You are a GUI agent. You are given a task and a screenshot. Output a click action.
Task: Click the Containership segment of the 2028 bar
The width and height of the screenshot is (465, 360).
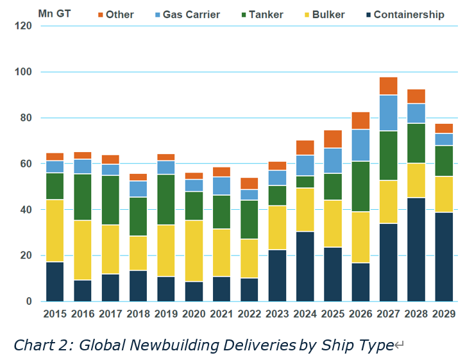[x=416, y=250]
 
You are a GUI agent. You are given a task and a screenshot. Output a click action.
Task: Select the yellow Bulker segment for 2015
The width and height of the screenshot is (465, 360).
[x=55, y=231]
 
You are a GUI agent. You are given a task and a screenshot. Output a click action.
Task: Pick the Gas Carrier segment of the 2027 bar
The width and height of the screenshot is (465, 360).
[x=388, y=113]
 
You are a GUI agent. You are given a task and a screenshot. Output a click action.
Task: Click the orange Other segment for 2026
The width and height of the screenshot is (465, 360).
[x=360, y=121]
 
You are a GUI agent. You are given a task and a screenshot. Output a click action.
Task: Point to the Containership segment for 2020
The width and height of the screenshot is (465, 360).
[x=194, y=291]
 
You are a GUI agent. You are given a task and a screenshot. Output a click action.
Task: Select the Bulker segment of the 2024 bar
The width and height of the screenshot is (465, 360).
[x=305, y=210]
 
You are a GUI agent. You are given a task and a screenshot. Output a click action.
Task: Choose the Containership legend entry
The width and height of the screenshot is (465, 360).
[x=409, y=14]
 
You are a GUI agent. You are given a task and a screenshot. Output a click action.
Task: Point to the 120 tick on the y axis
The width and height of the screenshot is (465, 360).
[x=24, y=26]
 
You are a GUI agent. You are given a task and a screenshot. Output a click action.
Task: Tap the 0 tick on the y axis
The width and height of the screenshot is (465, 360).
[x=29, y=302]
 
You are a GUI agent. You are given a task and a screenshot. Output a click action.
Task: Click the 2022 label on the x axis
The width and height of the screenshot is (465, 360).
[x=249, y=314]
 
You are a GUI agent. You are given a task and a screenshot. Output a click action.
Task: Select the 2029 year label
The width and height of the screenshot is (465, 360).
[x=444, y=314]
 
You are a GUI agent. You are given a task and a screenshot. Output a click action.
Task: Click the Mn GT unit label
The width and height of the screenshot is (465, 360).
[x=55, y=13]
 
